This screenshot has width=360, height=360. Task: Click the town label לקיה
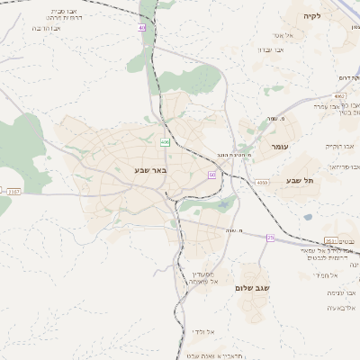[x=312, y=16]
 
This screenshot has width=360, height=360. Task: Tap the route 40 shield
[x=142, y=28]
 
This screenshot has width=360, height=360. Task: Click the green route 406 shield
[x=165, y=142]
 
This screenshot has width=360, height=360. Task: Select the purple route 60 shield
[x=211, y=175]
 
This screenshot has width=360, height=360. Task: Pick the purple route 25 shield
[x=269, y=238]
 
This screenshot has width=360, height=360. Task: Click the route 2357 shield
[x=13, y=191]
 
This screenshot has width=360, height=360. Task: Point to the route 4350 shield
[x=262, y=183]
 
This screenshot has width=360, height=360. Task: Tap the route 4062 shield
[x=338, y=94]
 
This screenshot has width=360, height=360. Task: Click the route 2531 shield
[x=330, y=240]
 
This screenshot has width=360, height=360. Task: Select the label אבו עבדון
[x=271, y=49]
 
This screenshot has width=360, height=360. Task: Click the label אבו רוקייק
[x=341, y=145]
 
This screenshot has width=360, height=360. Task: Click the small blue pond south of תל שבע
[x=308, y=216]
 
